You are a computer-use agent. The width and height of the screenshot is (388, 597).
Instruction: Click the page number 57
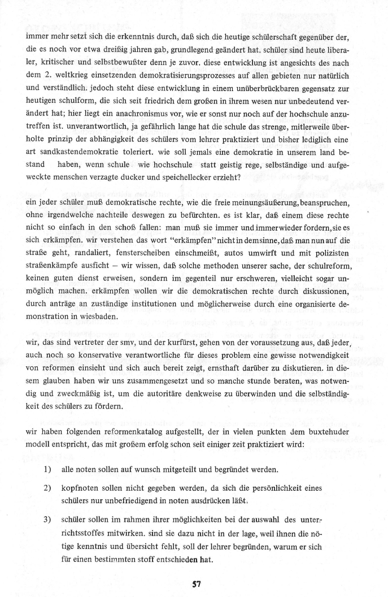193,583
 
